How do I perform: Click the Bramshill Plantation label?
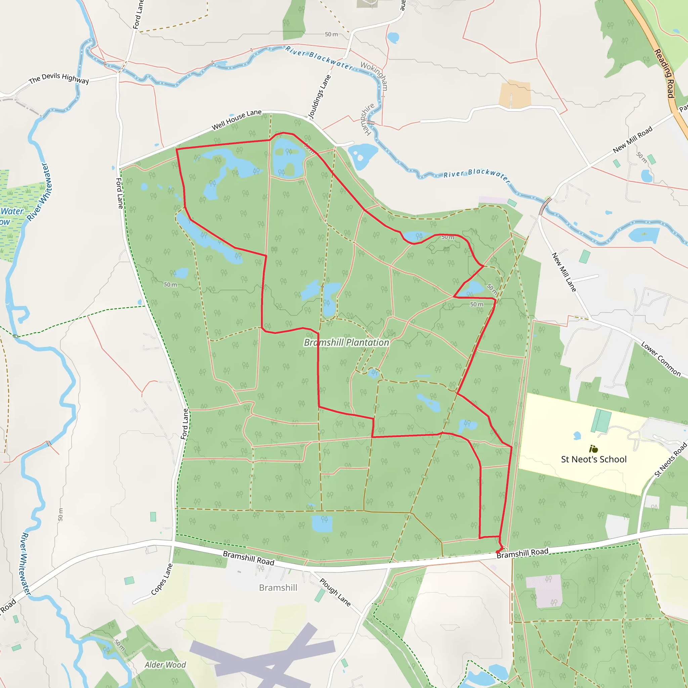[346, 343]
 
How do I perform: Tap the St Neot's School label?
[594, 459]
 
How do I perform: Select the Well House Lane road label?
[236, 120]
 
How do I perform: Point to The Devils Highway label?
[59, 78]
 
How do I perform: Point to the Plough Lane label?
[335, 592]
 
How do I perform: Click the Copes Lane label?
[162, 579]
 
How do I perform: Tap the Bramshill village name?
[278, 588]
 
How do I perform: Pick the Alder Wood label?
[165, 665]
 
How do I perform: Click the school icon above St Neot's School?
[593, 449]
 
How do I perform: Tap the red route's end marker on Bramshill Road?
[498, 552]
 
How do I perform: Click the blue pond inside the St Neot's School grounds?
[577, 435]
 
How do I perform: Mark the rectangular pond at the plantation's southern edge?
[322, 523]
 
